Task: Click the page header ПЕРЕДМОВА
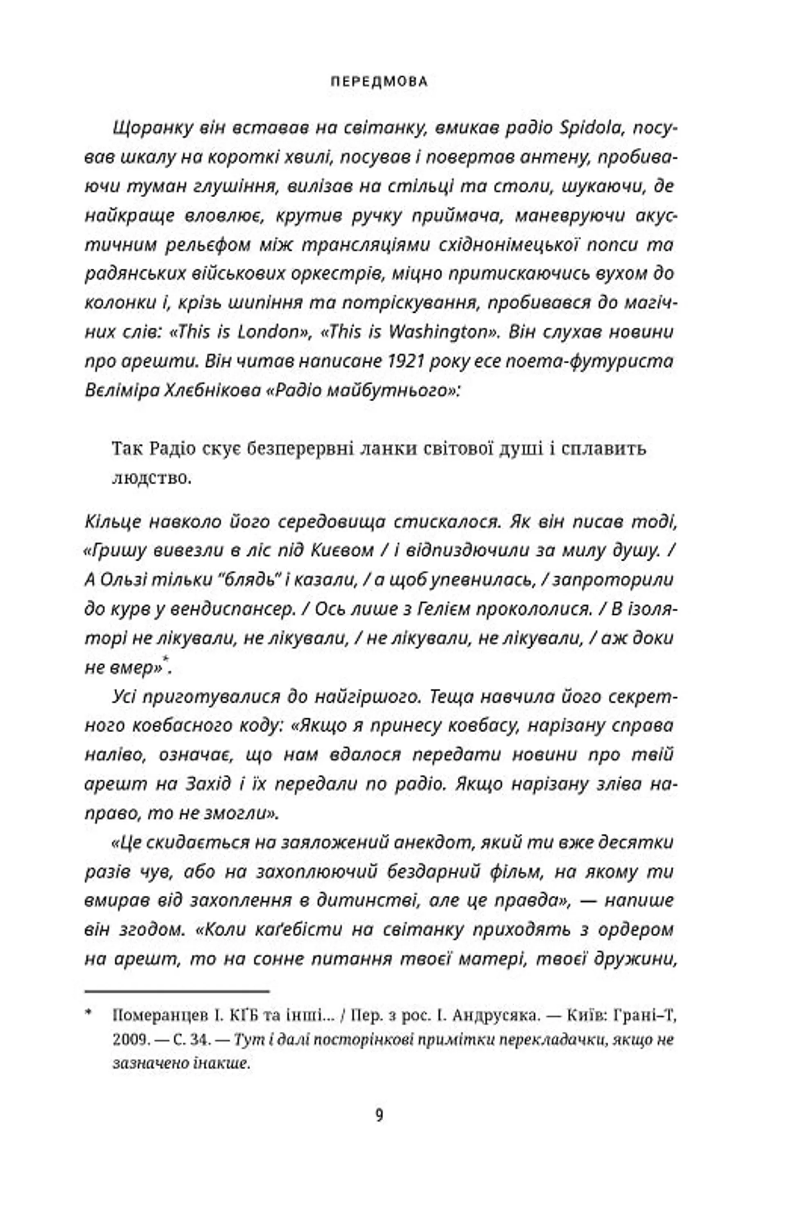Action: tap(379, 81)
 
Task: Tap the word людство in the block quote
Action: tap(151, 478)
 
